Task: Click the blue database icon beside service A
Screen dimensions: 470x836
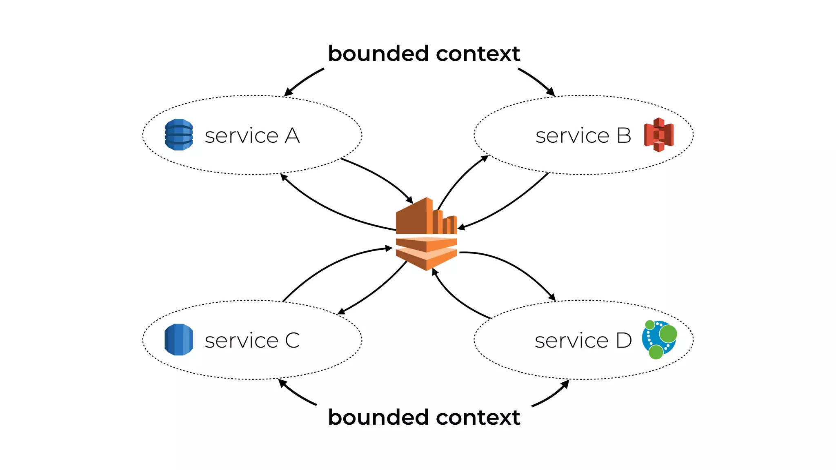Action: [179, 135]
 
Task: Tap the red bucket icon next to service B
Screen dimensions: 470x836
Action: [658, 135]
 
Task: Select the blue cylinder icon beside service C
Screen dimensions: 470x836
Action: [179, 339]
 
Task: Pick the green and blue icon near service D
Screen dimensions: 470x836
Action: [659, 339]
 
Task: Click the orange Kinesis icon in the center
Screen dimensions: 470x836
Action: [426, 234]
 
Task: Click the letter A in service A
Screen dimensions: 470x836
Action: [292, 136]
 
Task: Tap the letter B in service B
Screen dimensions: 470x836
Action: [624, 136]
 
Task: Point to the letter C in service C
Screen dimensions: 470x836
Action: [292, 341]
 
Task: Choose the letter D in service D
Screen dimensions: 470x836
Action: [624, 341]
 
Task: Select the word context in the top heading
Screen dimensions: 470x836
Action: [478, 54]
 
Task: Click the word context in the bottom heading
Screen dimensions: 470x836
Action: [478, 417]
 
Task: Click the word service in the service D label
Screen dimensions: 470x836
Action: [571, 341]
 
